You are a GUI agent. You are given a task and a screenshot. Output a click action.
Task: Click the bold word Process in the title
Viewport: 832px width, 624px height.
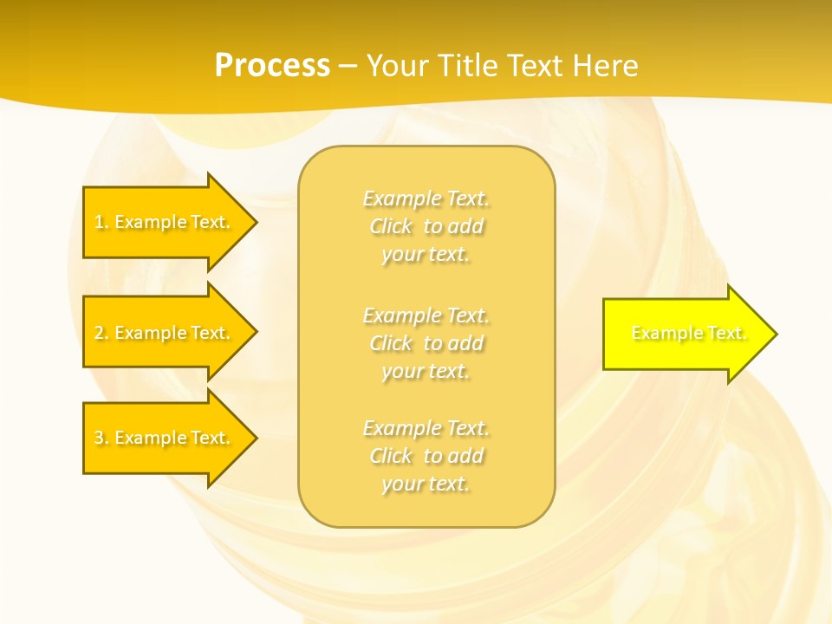[x=272, y=66]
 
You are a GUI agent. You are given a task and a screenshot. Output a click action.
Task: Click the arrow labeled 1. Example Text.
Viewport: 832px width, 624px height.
[x=165, y=222]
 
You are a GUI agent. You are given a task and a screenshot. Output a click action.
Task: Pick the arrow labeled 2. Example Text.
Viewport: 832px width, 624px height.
[x=165, y=333]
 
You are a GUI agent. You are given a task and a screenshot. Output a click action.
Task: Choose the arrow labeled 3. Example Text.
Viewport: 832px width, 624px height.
[x=165, y=438]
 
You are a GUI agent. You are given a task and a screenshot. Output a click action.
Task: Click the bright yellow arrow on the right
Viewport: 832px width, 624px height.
[x=685, y=334]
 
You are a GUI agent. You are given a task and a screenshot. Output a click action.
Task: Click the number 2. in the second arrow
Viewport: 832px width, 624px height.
[x=101, y=333]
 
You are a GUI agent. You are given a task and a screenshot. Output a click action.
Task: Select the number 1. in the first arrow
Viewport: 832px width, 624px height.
[x=101, y=222]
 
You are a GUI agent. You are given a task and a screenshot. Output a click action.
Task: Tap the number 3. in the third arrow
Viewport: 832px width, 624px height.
[x=101, y=438]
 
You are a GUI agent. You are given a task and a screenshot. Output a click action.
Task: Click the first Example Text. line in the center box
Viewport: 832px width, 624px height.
[x=426, y=198]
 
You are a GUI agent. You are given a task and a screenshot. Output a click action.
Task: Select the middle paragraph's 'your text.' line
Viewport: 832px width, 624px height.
[x=426, y=371]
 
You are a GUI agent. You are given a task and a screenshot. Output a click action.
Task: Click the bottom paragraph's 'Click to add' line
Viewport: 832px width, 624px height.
[x=426, y=456]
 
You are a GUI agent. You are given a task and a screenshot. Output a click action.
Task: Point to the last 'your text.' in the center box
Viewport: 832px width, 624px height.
[x=426, y=484]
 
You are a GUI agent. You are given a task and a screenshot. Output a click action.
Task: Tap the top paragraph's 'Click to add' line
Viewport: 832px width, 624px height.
[x=426, y=226]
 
